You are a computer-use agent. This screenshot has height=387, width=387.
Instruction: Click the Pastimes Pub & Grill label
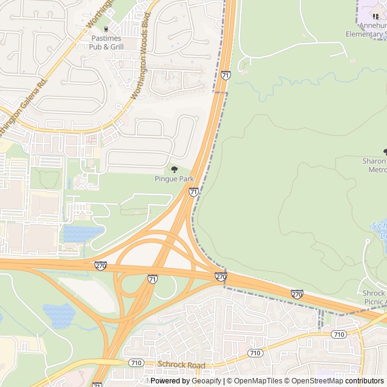[x=106, y=42]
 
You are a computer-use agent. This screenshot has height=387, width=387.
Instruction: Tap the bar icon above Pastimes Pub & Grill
[x=106, y=29]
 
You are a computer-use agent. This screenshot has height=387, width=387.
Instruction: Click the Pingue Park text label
[x=174, y=179]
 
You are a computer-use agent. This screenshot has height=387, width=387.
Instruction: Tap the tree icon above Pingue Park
[x=174, y=169]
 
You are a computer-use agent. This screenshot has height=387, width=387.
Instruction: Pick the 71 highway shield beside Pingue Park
[x=193, y=192]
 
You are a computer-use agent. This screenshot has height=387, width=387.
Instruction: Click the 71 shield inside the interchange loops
[x=152, y=279]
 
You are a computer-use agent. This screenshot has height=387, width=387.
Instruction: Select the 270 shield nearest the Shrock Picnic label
[x=297, y=294]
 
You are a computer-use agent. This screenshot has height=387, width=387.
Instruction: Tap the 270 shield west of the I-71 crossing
[x=101, y=265]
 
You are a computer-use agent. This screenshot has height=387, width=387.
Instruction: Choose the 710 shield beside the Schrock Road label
[x=136, y=362]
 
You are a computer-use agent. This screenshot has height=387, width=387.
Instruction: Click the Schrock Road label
[x=181, y=365]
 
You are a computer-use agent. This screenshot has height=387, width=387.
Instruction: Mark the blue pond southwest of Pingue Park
[x=82, y=233]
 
